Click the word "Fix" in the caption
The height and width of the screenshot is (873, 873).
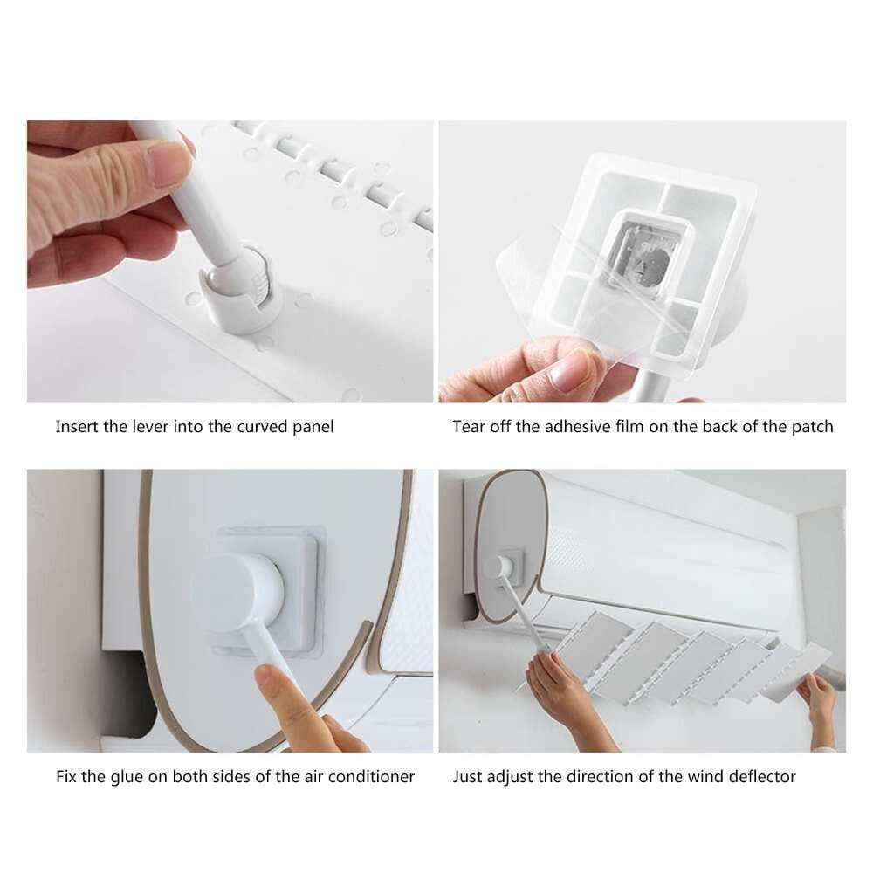coord(66,776)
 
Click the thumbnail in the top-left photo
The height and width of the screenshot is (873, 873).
coord(168,164)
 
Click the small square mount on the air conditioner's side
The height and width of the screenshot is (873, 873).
coord(510,566)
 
